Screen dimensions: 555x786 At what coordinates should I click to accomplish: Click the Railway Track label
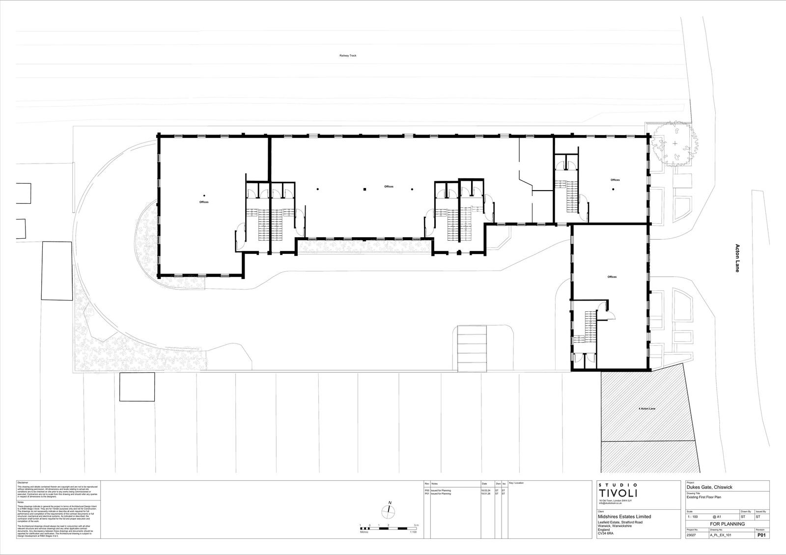(348, 56)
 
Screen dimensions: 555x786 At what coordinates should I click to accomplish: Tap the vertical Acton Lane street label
(737, 258)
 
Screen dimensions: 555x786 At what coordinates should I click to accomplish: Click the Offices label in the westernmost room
(204, 202)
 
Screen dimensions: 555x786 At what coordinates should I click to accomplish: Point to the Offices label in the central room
(389, 187)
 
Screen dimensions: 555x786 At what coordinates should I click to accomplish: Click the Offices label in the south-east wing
(612, 277)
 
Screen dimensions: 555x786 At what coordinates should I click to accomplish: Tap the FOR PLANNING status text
(727, 524)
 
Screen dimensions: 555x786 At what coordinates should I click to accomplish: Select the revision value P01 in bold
(760, 536)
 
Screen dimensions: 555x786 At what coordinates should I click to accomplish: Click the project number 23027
(692, 536)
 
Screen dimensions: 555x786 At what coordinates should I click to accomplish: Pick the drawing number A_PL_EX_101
(721, 536)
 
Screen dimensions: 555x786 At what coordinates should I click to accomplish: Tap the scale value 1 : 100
(693, 517)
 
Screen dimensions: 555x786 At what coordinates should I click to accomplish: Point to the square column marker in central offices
(365, 189)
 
